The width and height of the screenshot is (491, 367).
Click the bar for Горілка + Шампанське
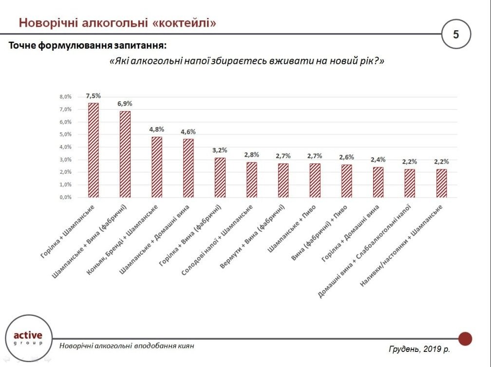(93, 150)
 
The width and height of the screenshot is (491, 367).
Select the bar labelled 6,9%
(125, 154)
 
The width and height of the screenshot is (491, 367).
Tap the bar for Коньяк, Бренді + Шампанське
(156, 167)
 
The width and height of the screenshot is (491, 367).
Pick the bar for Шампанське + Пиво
(315, 180)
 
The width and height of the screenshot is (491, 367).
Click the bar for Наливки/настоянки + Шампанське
(441, 183)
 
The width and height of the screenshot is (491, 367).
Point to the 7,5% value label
(93, 96)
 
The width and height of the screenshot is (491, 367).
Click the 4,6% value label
(188, 132)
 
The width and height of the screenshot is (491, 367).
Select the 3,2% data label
(220, 150)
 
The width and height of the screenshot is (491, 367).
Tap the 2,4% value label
(378, 160)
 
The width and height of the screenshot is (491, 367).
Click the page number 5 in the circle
(456, 35)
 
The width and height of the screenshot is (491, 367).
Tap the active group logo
(28, 338)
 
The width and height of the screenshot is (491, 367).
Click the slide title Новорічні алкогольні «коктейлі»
(117, 22)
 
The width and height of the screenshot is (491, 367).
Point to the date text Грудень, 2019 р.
(419, 349)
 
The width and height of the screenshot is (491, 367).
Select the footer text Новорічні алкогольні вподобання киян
(127, 346)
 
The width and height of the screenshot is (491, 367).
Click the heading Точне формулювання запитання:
(88, 46)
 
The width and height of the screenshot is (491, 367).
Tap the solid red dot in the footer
(465, 338)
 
